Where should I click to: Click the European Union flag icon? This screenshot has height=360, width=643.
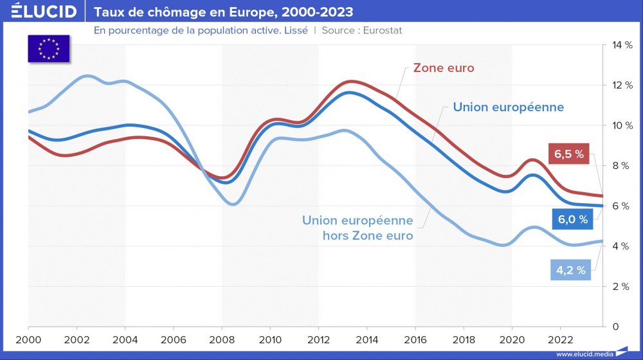(49, 49)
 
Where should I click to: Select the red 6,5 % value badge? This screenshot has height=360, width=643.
(570, 154)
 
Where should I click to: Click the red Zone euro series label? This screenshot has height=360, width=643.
(444, 67)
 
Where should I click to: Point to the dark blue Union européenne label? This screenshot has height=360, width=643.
(508, 107)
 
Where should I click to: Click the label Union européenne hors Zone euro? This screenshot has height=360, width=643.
(358, 228)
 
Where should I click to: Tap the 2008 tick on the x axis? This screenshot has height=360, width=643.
(222, 339)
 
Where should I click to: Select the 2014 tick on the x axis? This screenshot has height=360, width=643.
(367, 339)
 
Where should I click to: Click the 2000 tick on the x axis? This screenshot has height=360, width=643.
(28, 339)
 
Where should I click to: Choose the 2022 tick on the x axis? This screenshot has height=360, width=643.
(561, 339)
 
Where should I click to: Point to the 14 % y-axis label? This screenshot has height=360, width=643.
(620, 45)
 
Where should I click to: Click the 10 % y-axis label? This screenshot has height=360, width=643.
(620, 125)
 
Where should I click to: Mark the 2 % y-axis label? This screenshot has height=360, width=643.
(620, 286)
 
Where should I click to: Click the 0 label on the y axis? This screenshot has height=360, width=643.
(615, 327)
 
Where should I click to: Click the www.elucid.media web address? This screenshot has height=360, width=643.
(584, 354)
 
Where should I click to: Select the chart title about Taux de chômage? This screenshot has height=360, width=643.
(223, 12)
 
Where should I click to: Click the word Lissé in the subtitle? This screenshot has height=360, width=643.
(296, 30)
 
